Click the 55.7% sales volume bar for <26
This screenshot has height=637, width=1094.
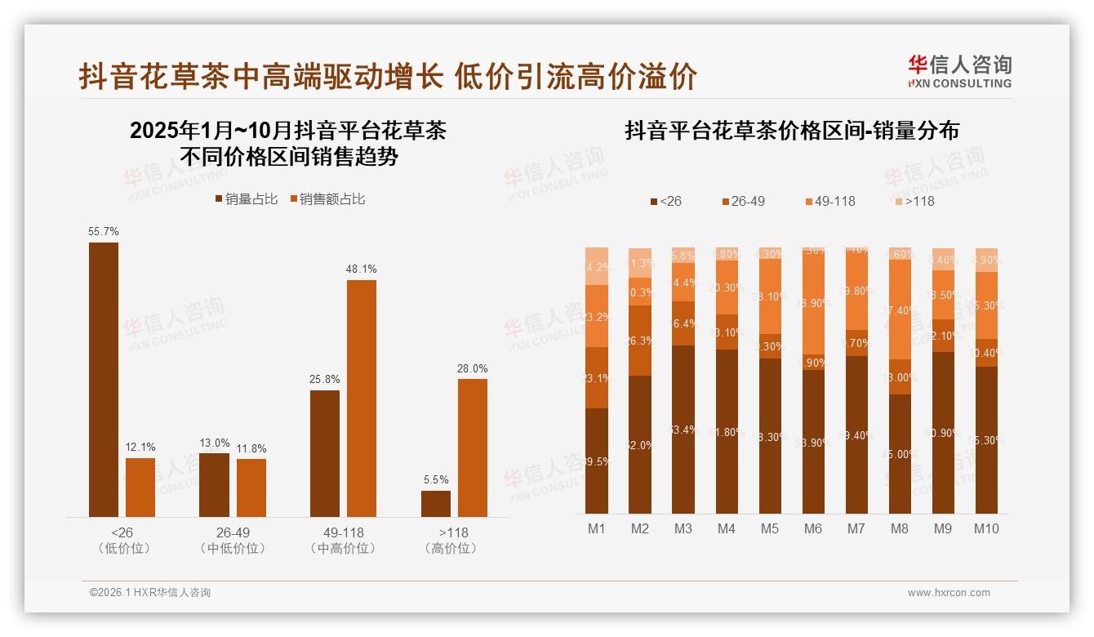104,379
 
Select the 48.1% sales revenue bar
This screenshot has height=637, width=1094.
362,398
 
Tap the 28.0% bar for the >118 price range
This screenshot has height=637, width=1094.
473,447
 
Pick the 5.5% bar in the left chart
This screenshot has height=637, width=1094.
436,503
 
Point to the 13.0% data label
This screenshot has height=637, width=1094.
215,443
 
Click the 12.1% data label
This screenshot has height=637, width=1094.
140,447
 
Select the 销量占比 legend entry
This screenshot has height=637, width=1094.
246,199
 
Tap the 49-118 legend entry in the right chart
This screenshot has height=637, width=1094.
830,201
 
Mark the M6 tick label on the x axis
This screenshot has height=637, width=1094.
812,528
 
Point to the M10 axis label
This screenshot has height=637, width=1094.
986,528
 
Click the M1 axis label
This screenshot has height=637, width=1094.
597,528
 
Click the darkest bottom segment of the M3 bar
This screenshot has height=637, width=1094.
683,429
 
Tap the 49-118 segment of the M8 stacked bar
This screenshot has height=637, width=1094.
900,310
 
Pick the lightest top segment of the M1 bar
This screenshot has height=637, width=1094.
597,265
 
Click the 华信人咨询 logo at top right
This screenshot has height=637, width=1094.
959,72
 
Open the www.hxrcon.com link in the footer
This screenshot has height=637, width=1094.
949,593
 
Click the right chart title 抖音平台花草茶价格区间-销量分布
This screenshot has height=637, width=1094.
792,131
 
